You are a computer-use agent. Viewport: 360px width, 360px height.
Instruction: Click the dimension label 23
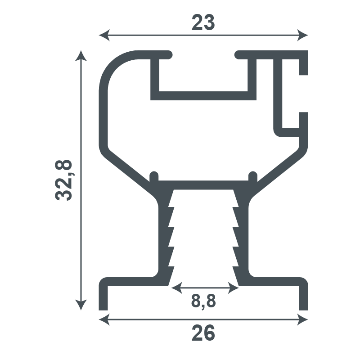coord(203,22)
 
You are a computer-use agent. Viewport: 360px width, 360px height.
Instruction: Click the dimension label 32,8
coord(63,180)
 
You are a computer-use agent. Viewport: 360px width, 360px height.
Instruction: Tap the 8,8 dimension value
coord(203,301)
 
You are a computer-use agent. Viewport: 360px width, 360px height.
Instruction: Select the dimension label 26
coord(203,333)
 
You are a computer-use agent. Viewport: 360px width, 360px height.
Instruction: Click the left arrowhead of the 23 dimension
coord(104,36)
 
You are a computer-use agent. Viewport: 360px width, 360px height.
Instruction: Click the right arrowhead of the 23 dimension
coord(302,36)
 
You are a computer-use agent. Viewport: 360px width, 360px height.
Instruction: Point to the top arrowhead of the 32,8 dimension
coord(81,56)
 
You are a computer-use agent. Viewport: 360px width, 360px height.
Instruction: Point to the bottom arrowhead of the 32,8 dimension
coord(81,305)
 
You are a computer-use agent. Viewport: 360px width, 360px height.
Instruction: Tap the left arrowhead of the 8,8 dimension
coord(177,288)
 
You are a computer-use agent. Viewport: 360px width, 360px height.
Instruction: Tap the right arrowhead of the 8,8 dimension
coord(234,288)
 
